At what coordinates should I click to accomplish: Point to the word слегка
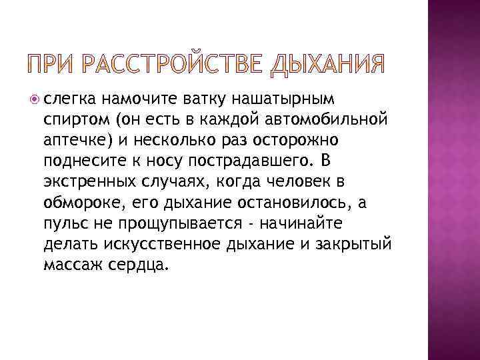click(x=66, y=100)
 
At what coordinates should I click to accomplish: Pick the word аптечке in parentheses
click(x=75, y=141)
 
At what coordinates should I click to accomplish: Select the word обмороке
click(x=75, y=203)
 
